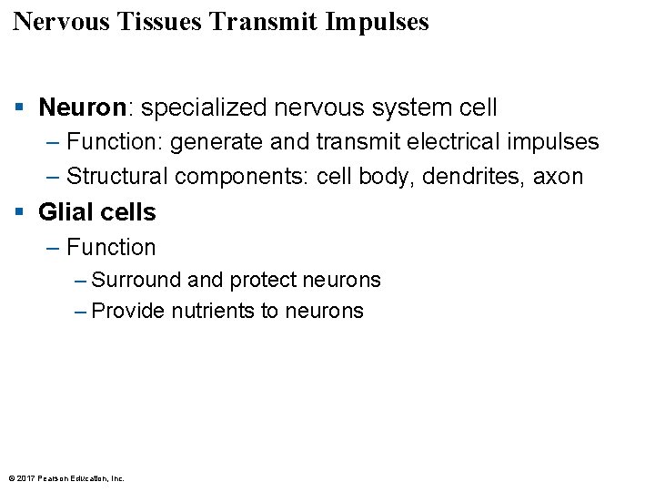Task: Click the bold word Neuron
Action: coord(81,108)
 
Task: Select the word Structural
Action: coord(117,176)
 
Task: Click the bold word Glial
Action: coord(66,212)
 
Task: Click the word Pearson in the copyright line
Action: coord(54,477)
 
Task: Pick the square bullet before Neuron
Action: coord(19,108)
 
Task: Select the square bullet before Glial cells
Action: coord(19,213)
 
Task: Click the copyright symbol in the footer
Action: coord(11,477)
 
